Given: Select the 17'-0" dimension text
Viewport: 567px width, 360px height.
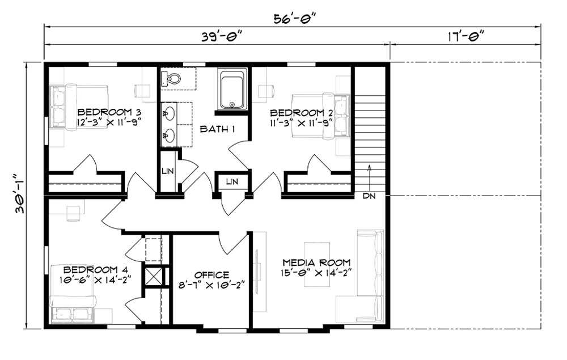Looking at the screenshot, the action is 466,36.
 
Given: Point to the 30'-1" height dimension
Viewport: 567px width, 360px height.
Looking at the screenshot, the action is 20,194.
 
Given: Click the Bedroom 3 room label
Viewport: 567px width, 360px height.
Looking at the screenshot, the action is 109,112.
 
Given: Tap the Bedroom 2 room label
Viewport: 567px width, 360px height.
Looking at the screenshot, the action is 302,113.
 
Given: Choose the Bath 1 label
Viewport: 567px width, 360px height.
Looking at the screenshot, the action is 217,129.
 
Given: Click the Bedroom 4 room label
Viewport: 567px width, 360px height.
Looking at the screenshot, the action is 95,270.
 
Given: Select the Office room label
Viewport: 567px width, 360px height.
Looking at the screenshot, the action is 211,276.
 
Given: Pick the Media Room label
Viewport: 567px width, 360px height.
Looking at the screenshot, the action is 316,262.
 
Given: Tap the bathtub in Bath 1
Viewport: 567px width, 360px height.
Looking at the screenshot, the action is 232,89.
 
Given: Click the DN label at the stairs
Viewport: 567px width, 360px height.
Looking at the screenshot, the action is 369,196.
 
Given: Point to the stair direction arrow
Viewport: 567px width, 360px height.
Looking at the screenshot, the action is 369,177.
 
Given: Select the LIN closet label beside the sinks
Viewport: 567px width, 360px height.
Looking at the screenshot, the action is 167,171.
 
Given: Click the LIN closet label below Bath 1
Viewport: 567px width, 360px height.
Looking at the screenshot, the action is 232,181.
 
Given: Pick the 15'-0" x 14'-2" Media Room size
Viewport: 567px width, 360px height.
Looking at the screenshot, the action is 316,273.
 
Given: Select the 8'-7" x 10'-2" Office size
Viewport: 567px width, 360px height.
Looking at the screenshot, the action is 211,285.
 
